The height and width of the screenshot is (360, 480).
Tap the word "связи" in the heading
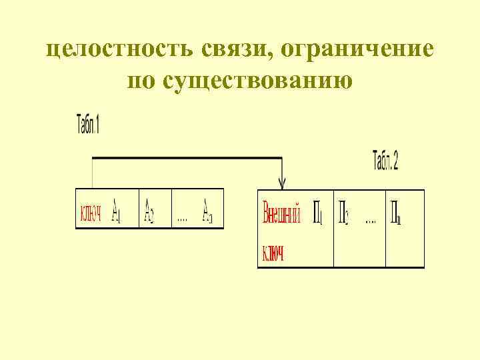pos(238,49)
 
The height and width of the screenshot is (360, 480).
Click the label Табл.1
pos(87,125)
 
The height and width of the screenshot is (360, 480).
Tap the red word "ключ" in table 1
pos(90,213)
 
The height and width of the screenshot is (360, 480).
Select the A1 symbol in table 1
pos(116,210)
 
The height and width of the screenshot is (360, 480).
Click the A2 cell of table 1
pos(150,210)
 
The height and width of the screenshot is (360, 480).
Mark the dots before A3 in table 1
pos(181,218)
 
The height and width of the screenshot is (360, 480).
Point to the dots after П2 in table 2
pos(371,221)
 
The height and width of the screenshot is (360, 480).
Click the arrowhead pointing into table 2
pos(283,183)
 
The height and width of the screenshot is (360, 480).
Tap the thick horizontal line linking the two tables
pos(187,158)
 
